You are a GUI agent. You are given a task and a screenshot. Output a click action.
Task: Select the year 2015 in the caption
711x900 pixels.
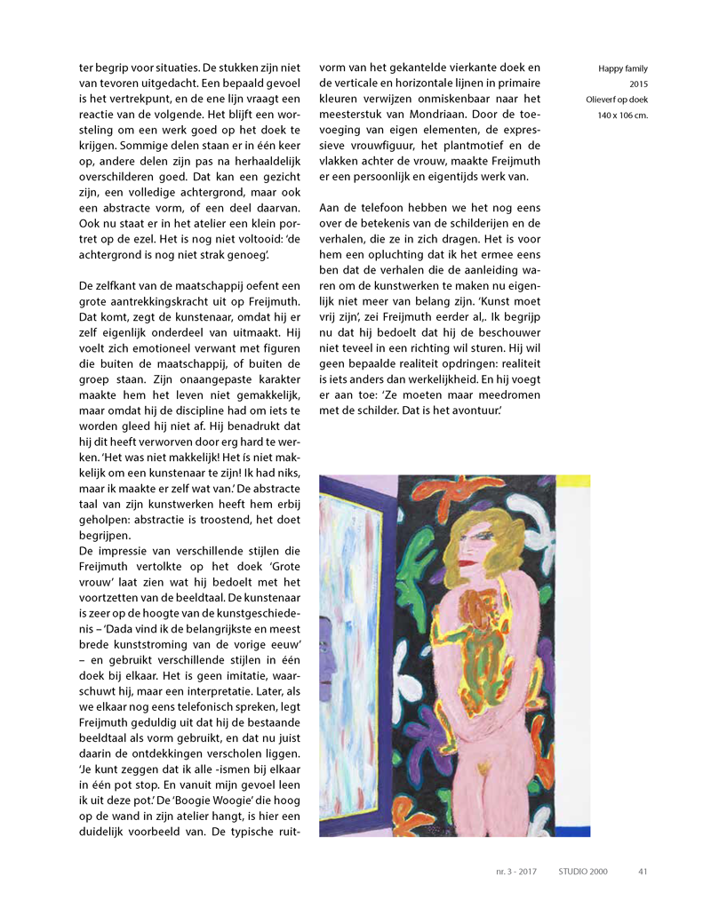637,84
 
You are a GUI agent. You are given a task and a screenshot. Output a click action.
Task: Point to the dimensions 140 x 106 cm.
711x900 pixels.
622,115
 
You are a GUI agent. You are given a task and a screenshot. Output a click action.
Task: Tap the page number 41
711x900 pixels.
643,872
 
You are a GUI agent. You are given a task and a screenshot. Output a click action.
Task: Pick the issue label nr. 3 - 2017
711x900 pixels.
516,872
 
